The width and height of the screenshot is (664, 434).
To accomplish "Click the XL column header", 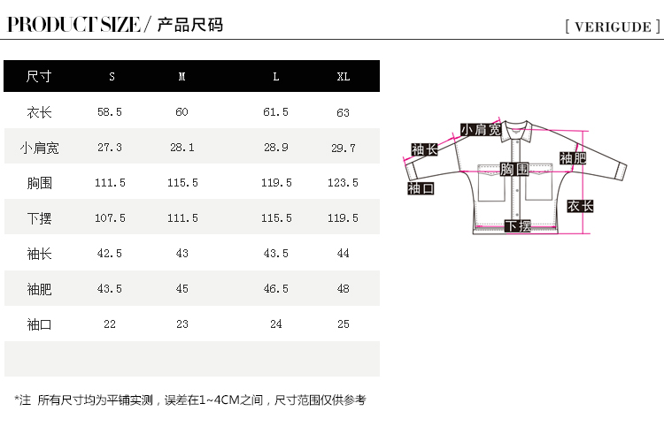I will coord(344,77).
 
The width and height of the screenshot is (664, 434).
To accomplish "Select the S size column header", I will coord(112,77).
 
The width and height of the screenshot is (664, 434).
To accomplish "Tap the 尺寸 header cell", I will coord(39,77).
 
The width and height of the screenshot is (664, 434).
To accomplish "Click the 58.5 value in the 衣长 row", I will coord(110,112).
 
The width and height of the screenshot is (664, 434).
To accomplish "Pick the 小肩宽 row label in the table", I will coord(39,148).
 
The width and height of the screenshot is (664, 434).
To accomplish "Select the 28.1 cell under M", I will coord(182,148).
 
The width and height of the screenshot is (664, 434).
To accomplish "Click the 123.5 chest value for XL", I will coord(344,183).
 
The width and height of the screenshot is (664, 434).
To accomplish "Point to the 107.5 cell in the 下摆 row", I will coord(110,218).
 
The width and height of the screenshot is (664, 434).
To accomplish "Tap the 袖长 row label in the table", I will coord(39,254).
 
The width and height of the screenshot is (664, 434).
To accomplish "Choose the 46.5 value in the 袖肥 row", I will coord(276,289).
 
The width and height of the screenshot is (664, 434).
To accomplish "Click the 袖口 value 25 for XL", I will coord(344,324).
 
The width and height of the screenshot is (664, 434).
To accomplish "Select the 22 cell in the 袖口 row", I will coord(110,324).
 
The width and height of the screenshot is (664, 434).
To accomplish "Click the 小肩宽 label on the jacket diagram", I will coord(480,130).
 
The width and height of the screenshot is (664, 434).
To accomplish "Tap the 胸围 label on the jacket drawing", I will coord(514,169).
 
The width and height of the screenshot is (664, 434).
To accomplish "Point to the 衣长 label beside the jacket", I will coord(580,206).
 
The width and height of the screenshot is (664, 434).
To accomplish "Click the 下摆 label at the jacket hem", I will coord(518,226).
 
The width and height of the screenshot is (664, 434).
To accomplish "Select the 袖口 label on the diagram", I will coord(421,188).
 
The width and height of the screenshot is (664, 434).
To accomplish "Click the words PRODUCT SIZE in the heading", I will coord(73,25).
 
